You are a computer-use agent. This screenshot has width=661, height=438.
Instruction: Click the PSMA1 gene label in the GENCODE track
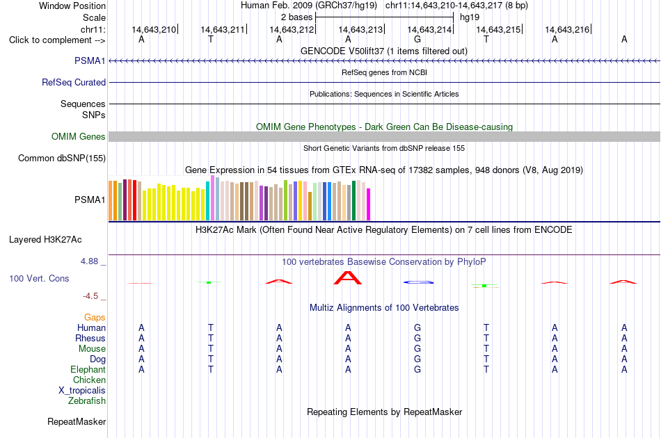(90, 60)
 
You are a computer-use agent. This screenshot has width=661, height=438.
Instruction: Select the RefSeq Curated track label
(74, 82)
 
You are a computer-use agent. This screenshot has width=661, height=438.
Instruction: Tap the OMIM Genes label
(79, 136)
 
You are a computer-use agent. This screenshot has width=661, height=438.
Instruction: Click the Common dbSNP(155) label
(62, 158)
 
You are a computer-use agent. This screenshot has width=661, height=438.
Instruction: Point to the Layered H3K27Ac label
(45, 240)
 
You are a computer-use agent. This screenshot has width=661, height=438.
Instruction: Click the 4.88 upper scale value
(89, 261)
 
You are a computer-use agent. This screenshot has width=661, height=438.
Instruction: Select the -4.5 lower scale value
(90, 296)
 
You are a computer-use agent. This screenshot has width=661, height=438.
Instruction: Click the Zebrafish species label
(87, 400)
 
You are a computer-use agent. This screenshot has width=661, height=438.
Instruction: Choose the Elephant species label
(88, 369)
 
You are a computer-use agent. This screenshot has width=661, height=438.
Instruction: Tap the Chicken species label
(89, 380)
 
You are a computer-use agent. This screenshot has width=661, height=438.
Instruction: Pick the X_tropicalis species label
(82, 391)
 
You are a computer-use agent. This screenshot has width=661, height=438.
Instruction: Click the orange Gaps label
(95, 317)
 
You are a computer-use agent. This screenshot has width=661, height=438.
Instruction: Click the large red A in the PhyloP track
(348, 278)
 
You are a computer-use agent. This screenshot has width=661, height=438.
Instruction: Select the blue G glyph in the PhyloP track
(418, 282)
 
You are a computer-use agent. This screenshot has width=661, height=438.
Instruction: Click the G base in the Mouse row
(417, 349)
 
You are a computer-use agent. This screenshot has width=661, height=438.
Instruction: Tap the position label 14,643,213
(360, 29)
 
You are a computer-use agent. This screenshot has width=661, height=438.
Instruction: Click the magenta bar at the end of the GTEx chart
(369, 204)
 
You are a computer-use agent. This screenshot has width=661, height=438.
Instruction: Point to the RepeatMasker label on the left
(77, 421)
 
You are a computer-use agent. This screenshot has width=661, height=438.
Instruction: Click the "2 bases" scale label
(297, 17)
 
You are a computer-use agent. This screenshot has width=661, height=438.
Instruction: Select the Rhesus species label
(90, 338)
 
